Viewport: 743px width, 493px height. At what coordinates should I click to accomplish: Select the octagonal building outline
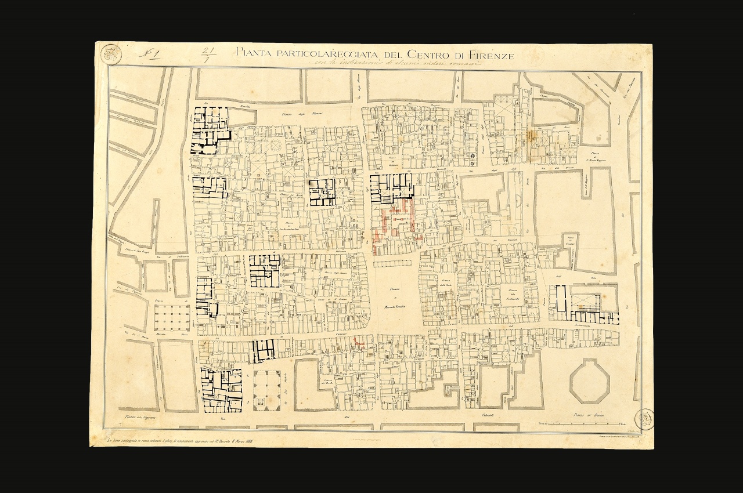[x=589, y=381]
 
